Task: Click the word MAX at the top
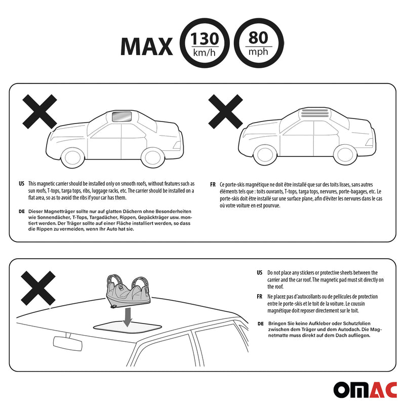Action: tap(146, 47)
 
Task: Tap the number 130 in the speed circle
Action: tap(205, 39)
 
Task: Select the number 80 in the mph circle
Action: tap(258, 38)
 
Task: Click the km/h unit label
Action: tap(205, 53)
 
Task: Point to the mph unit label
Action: tap(258, 52)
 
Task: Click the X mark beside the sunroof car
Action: tap(39, 111)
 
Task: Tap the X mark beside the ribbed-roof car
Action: tap(225, 111)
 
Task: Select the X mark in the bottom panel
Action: tap(38, 288)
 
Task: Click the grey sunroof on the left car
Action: tap(122, 116)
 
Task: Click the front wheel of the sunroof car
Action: tap(73, 158)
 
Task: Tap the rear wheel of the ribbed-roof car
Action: tap(346, 155)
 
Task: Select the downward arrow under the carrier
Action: tap(128, 317)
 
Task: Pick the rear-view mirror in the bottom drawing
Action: tap(68, 343)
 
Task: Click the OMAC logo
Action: tap(365, 390)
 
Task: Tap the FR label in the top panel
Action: tap(213, 185)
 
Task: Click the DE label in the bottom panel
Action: tap(261, 323)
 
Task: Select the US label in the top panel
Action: tap(21, 184)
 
